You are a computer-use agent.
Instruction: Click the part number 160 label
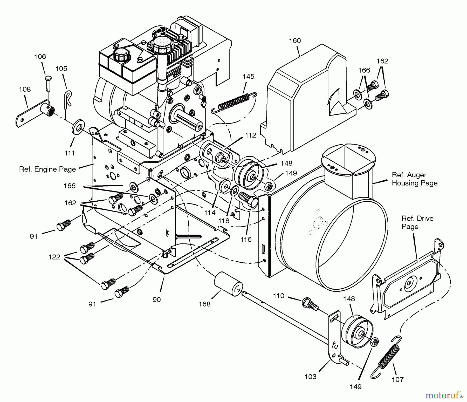click(295, 41)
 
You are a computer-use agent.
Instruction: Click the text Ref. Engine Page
click(47, 169)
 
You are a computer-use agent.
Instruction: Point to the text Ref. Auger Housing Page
click(414, 179)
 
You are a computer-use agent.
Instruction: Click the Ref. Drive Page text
click(417, 222)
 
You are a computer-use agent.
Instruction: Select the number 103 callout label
click(310, 377)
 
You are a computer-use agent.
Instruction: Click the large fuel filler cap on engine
click(159, 44)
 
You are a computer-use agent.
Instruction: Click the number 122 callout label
click(54, 257)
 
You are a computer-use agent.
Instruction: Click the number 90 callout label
click(156, 299)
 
